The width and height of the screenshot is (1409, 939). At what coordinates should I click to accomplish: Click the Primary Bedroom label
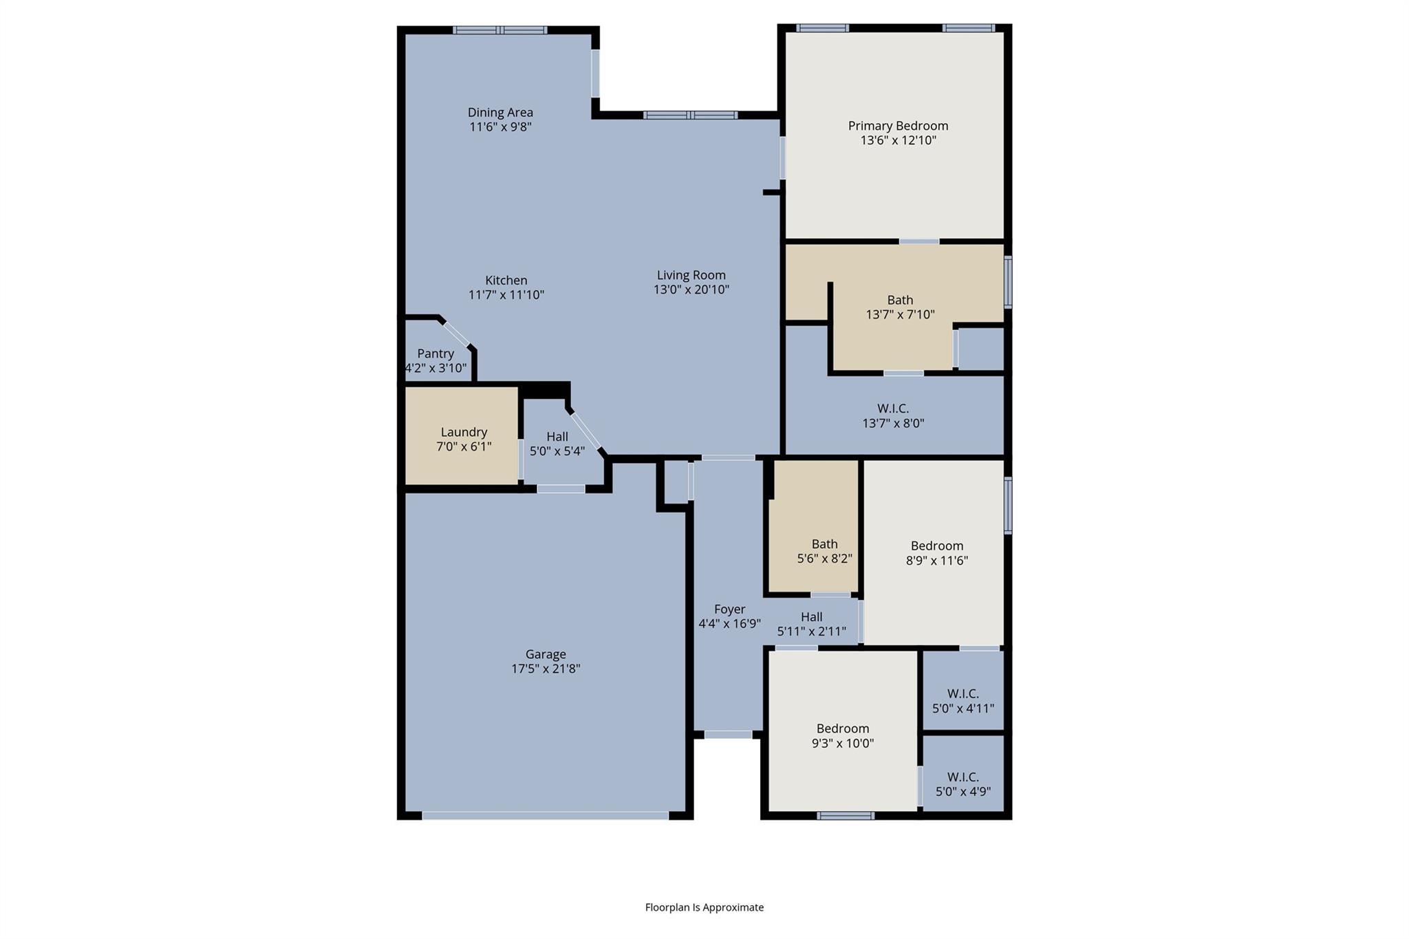tap(898, 126)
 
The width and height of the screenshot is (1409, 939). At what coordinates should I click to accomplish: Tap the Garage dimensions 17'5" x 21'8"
tap(546, 669)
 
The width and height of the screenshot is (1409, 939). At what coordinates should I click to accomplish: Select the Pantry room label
tap(435, 354)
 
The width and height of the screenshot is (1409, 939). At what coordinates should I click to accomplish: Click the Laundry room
tap(463, 439)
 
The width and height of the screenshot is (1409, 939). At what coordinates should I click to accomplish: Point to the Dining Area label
tap(500, 112)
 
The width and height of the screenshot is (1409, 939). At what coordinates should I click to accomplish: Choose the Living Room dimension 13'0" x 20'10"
tap(691, 290)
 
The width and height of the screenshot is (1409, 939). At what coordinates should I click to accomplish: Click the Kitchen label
tap(506, 280)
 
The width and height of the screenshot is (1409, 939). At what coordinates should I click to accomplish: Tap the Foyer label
tap(729, 609)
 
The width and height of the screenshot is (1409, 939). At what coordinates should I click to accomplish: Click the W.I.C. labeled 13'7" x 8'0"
tap(893, 415)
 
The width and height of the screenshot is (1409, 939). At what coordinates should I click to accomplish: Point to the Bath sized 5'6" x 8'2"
tap(824, 551)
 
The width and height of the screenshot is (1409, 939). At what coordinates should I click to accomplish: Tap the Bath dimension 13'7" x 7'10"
tap(900, 314)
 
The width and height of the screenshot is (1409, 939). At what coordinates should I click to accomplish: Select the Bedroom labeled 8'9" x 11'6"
tap(936, 552)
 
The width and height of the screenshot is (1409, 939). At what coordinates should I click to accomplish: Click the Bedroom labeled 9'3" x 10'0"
tap(843, 735)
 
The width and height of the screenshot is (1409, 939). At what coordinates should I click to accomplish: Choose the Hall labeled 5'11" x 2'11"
tap(811, 623)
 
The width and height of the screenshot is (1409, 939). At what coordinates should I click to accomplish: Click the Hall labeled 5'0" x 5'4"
tap(557, 444)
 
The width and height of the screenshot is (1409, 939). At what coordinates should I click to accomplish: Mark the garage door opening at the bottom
tap(545, 815)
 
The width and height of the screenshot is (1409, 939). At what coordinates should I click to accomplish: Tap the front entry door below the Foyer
tap(728, 735)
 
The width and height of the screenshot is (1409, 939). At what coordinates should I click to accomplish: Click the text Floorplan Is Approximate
tap(704, 907)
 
